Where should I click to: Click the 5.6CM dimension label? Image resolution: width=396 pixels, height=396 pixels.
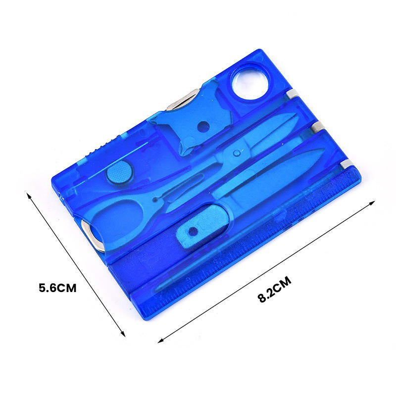(x=57, y=288)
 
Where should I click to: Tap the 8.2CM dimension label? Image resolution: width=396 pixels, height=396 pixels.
(x=274, y=290)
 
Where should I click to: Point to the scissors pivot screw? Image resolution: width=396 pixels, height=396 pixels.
(x=237, y=153)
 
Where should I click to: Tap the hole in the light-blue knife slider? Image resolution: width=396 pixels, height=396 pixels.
(x=193, y=231)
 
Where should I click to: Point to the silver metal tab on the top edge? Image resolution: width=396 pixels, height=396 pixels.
(x=183, y=99)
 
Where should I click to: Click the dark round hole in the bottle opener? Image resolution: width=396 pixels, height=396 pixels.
(x=203, y=127)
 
